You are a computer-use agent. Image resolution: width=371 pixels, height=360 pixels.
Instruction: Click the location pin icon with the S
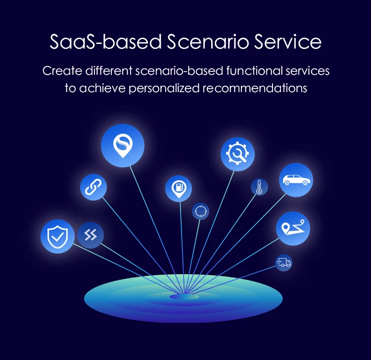[123, 145]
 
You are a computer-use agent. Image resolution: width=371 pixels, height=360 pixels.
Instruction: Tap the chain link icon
[93, 187]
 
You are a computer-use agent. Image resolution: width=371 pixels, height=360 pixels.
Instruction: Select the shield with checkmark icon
[57, 237]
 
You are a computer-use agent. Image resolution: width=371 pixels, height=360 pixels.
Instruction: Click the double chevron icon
[91, 235]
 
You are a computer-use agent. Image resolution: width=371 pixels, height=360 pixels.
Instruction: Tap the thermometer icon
[259, 187]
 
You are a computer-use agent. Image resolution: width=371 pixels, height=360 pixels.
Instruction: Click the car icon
[296, 180]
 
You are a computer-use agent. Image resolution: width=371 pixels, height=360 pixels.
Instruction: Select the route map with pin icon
[293, 229]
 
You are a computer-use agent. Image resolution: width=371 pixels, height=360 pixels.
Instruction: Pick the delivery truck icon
[283, 262]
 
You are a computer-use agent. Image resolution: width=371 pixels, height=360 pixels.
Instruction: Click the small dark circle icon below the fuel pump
[200, 210]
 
